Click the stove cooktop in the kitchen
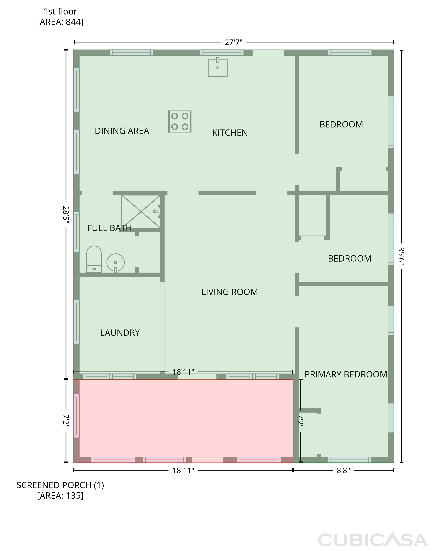point(180,121)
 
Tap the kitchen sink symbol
point(218,67)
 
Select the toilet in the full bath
point(94,259)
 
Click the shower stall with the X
point(141,211)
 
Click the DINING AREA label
point(122,131)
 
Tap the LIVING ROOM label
point(230,292)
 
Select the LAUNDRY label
point(120,333)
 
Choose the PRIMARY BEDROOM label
point(346,374)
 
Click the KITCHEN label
point(230,133)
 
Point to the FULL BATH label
point(109,228)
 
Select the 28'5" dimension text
point(66,215)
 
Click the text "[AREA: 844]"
point(60,22)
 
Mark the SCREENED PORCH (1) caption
point(60,485)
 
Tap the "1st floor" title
point(60,11)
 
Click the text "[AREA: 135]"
point(60,496)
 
